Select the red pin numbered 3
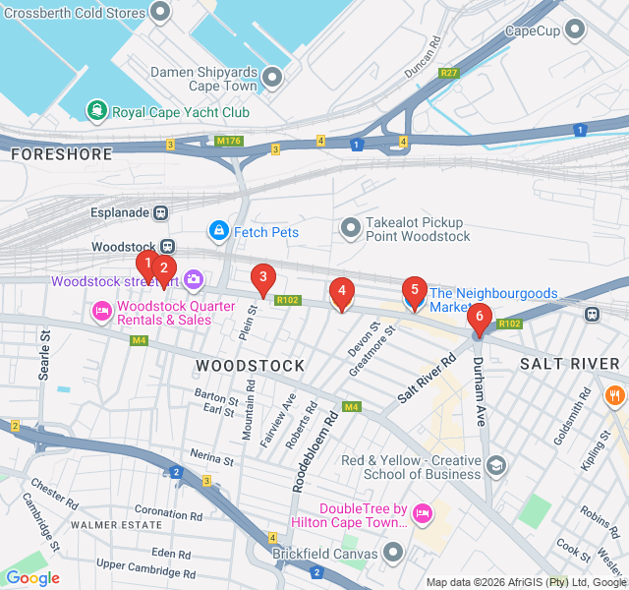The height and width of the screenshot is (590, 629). (x=261, y=278)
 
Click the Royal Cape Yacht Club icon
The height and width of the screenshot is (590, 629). (x=96, y=111)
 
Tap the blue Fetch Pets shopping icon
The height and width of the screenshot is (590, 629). (x=217, y=231)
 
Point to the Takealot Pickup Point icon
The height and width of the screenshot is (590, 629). (x=350, y=229)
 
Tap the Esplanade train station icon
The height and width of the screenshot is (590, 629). (x=160, y=212)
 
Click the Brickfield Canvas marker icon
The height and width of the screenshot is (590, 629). (x=394, y=553)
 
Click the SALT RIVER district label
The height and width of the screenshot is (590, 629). (x=569, y=364)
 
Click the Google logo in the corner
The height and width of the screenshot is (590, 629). (x=32, y=578)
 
